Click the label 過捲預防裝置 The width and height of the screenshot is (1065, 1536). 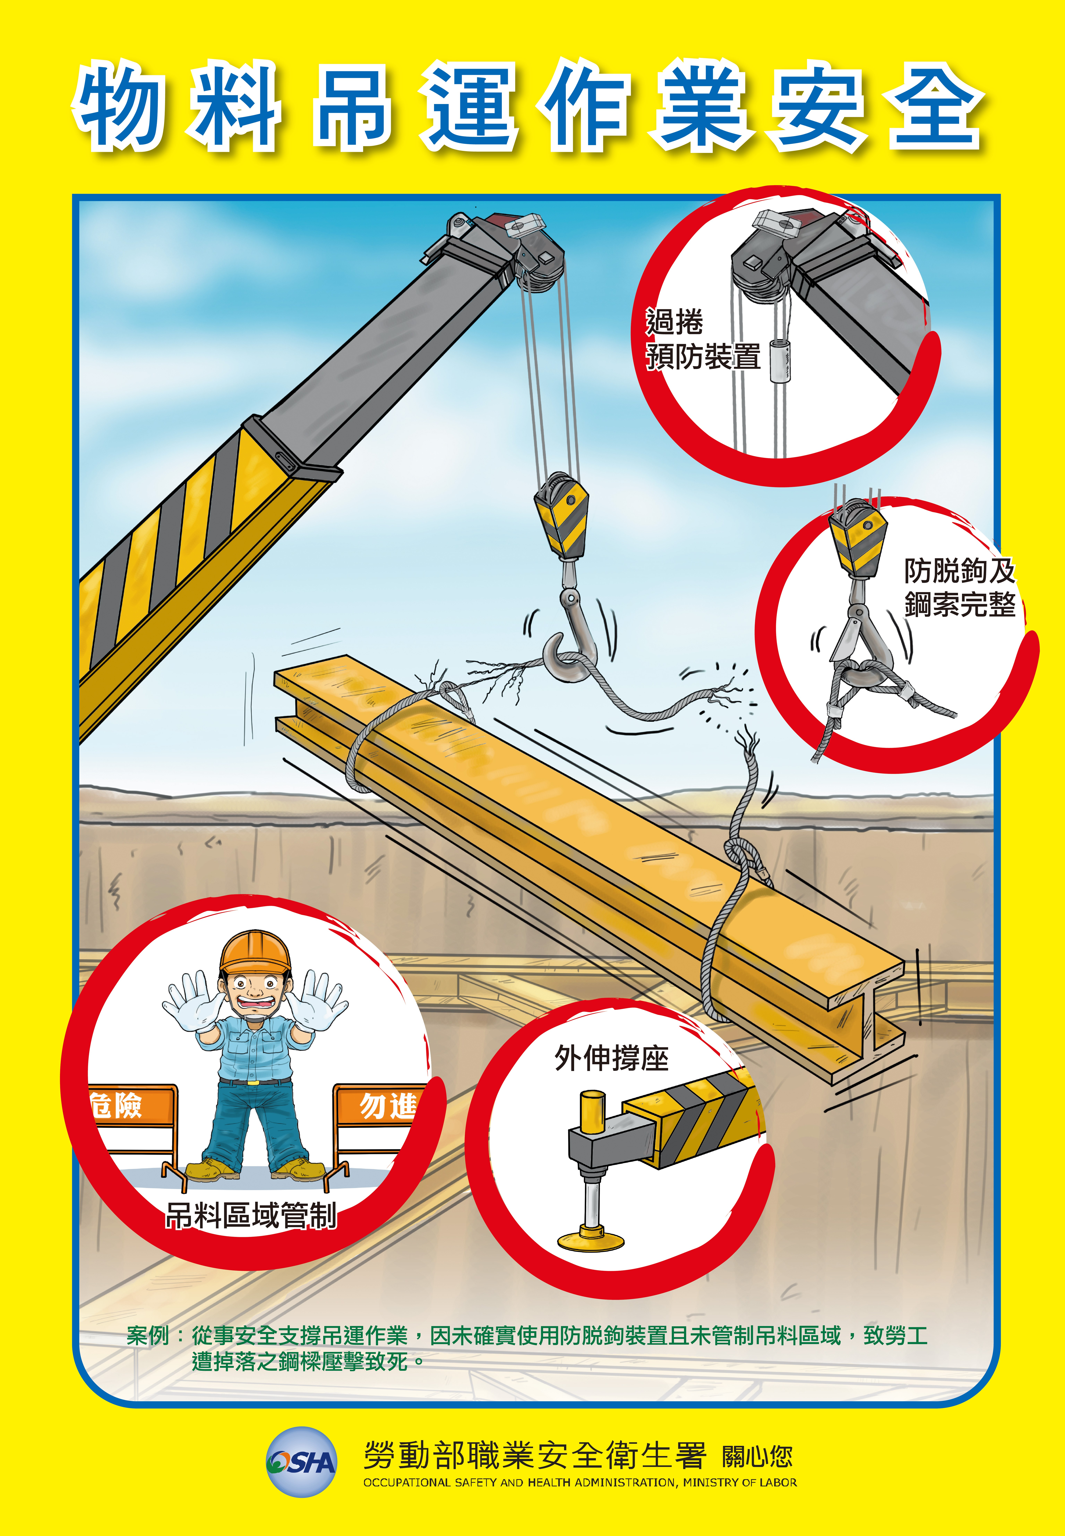[703, 339]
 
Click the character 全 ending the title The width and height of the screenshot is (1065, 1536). [934, 105]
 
